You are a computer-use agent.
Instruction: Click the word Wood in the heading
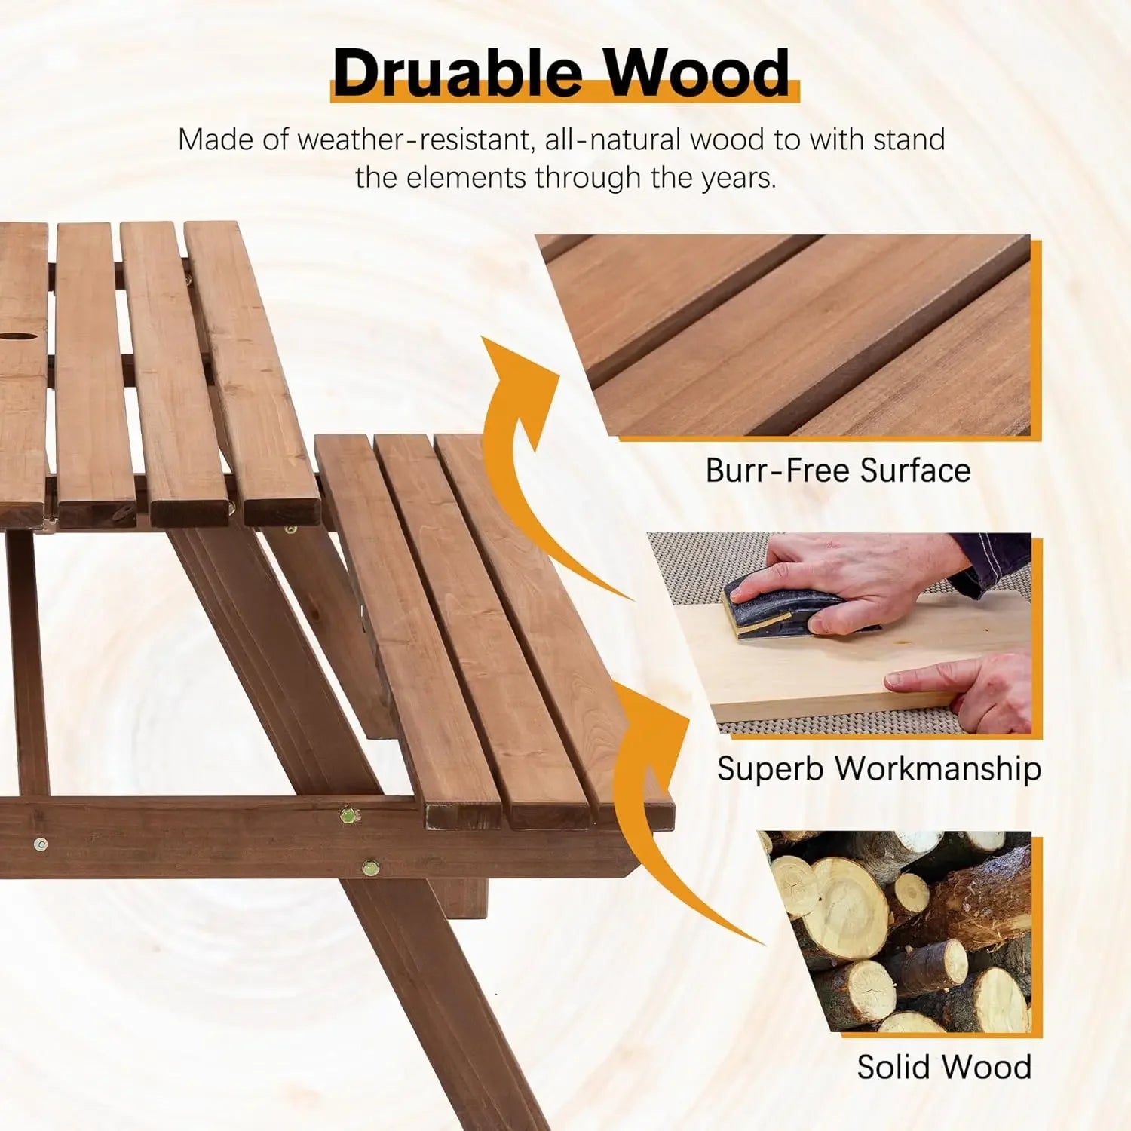click(x=697, y=72)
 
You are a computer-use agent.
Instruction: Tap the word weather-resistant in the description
click(x=415, y=140)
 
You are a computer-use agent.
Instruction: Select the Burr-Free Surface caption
click(x=838, y=470)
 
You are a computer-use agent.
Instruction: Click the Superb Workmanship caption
click(x=878, y=768)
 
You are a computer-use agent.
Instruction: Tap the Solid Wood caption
click(x=944, y=1067)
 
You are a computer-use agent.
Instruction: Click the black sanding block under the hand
click(x=784, y=606)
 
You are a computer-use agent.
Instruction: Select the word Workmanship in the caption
click(x=939, y=768)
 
